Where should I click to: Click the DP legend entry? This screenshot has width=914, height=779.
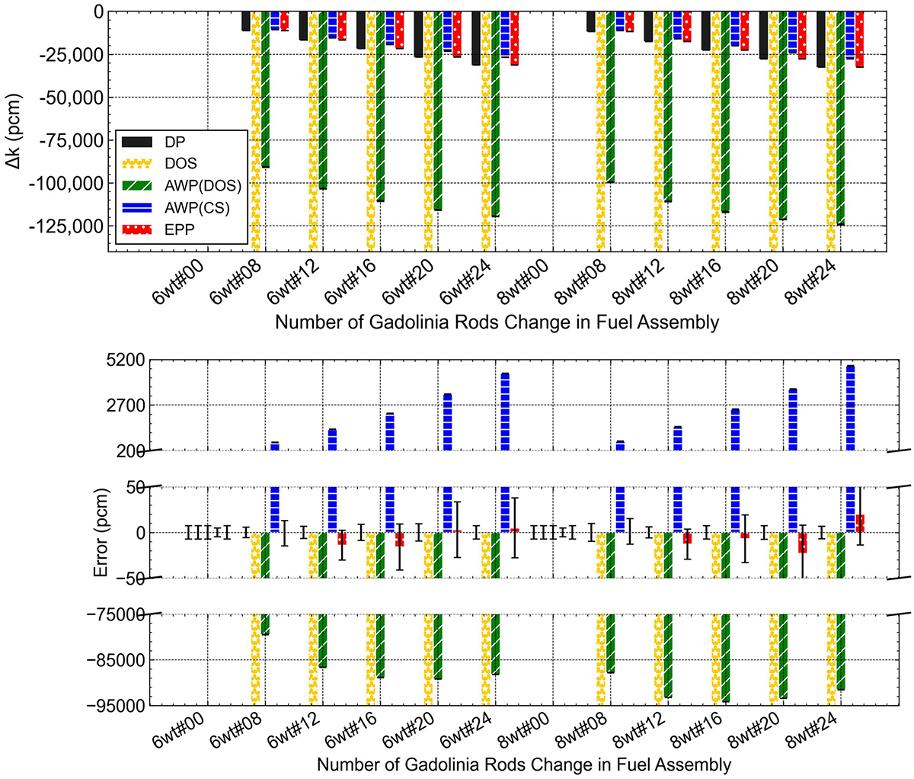tap(176, 142)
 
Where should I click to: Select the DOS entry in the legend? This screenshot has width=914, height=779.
tap(181, 163)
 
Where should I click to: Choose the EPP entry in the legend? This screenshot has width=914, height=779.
tap(178, 229)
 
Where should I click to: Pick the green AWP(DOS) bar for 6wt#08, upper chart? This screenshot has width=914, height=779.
tap(265, 90)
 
